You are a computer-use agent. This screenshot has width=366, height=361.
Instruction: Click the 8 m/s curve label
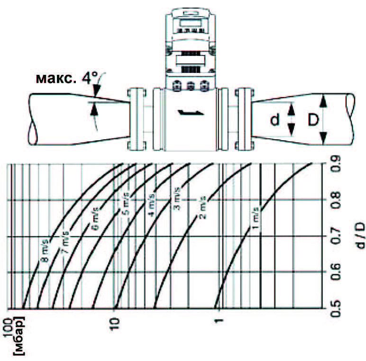click(46, 250)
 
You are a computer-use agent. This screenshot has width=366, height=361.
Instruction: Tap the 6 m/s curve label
click(95, 218)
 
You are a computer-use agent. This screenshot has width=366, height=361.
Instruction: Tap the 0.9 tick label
click(336, 164)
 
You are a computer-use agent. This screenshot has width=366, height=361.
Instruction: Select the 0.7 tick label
click(336, 236)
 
